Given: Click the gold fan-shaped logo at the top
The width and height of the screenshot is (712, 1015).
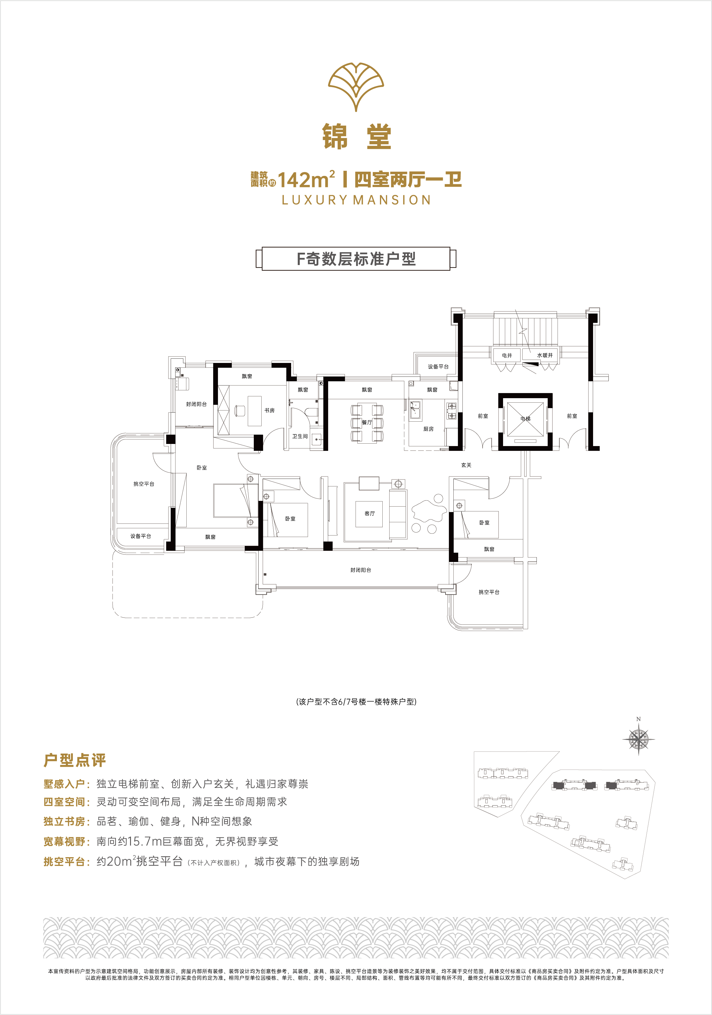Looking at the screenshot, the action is pyautogui.click(x=356, y=86).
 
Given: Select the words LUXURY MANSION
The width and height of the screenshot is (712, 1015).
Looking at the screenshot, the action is pyautogui.click(x=356, y=200).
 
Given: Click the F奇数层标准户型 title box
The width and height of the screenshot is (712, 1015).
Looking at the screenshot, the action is pyautogui.click(x=356, y=259).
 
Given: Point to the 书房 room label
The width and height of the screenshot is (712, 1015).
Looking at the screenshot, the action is pyautogui.click(x=269, y=410).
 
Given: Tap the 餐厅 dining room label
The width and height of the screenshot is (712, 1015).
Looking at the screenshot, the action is pyautogui.click(x=367, y=422).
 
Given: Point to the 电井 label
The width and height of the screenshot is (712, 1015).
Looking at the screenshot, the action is pyautogui.click(x=507, y=355).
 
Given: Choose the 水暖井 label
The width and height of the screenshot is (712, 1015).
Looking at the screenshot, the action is pyautogui.click(x=545, y=355).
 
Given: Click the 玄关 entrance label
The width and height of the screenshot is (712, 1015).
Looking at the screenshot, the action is pyautogui.click(x=466, y=465).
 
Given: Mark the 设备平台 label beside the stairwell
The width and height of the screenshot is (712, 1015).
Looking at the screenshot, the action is pyautogui.click(x=438, y=367).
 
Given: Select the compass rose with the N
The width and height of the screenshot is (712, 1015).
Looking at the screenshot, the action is pyautogui.click(x=639, y=737).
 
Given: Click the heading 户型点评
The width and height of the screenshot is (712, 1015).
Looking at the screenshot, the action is pyautogui.click(x=75, y=760).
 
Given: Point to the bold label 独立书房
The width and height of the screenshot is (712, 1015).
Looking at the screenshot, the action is pyautogui.click(x=64, y=821).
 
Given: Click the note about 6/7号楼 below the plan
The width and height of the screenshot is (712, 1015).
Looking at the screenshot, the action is pyautogui.click(x=356, y=701).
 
